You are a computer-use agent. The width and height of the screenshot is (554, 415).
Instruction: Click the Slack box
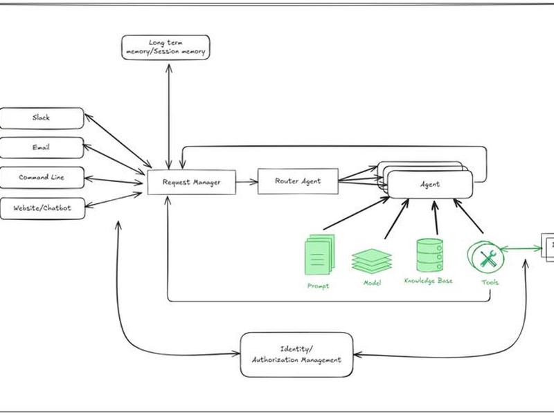pos(42,118)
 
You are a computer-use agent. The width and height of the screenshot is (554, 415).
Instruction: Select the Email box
pos(42,147)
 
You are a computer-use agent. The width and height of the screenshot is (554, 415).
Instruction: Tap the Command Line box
pos(42,178)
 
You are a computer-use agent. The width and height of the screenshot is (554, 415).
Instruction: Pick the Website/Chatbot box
pos(42,209)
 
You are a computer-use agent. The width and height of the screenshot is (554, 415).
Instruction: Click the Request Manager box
pos(192,182)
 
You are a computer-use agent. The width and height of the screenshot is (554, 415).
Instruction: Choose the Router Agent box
pos(298,181)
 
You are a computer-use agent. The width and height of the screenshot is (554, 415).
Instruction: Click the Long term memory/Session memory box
pos(166,47)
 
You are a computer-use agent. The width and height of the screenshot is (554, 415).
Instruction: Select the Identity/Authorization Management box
pos(296,355)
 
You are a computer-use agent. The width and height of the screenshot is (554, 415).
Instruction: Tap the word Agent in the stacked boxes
pos(430,184)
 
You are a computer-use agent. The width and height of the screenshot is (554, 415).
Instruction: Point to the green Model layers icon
pos(372,261)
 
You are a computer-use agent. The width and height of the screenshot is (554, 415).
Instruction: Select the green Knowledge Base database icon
pos(429,255)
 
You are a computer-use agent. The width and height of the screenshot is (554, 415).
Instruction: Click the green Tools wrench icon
pos(486,256)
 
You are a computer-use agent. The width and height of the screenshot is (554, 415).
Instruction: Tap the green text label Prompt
pos(318,286)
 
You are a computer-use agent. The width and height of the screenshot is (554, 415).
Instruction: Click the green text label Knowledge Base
pos(428,281)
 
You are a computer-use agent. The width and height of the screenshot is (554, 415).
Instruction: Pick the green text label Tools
pos(490,282)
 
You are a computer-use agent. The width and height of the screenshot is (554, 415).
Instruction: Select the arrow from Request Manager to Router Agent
pos(247,182)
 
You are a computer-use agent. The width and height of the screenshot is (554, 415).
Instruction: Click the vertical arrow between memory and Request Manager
pos(169,116)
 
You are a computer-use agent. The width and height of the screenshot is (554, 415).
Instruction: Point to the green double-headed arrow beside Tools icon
pos(521,249)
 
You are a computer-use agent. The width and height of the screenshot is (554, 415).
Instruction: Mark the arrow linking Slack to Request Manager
pos(118,140)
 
